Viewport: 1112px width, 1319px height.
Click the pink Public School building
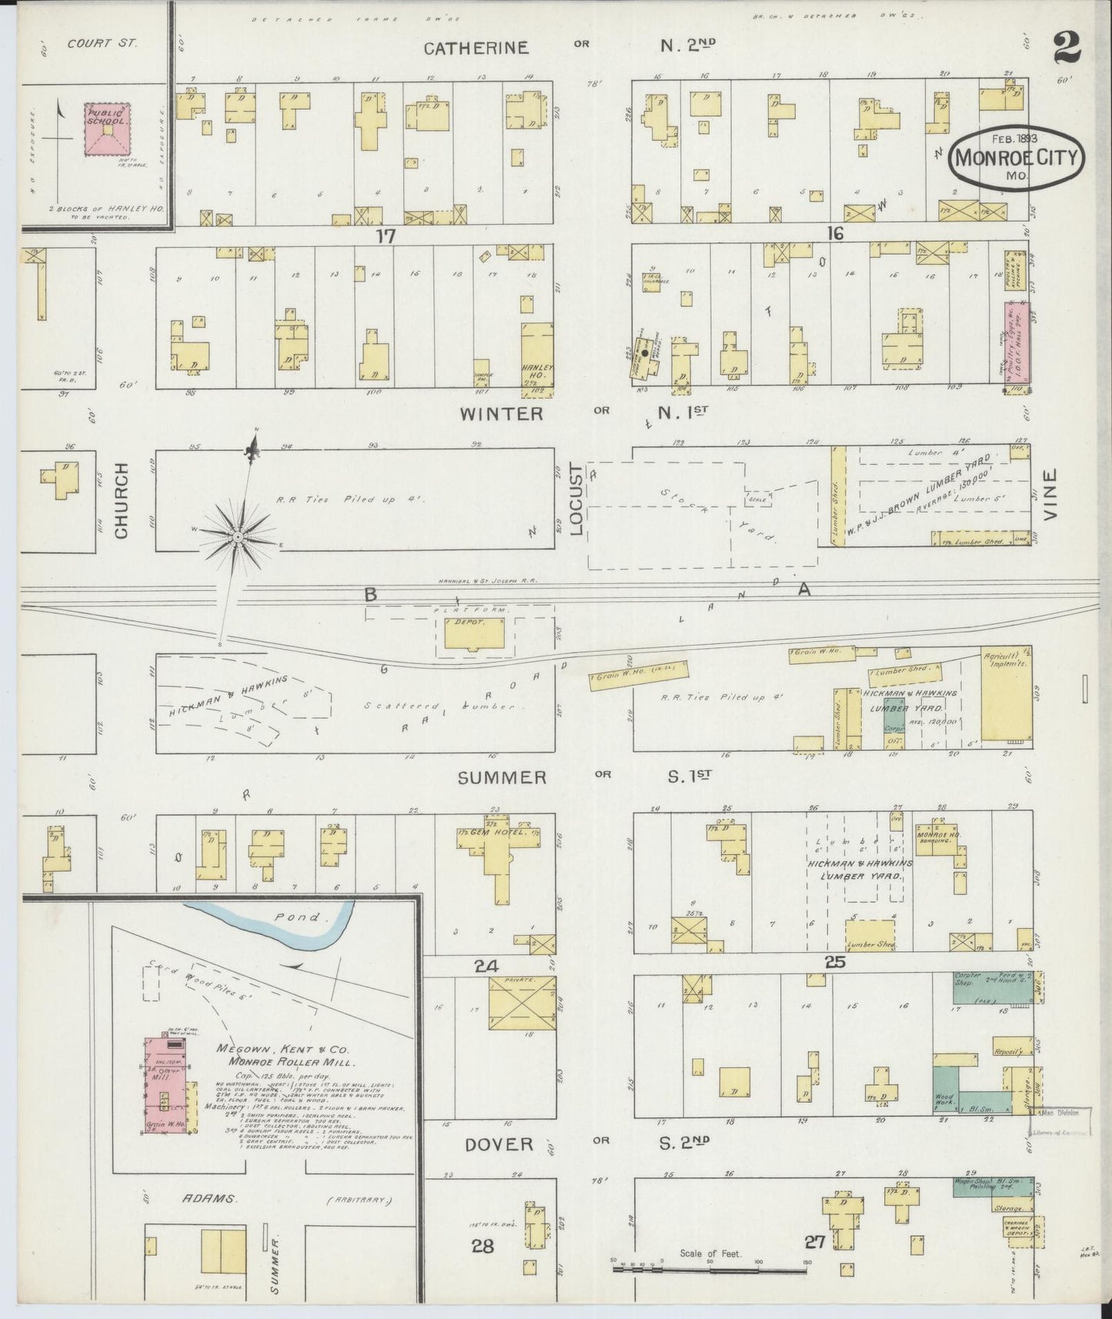107,129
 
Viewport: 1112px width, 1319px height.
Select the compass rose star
238,536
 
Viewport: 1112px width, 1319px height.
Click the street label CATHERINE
477,48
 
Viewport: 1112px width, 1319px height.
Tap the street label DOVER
499,1144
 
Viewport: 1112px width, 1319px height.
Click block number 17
386,236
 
